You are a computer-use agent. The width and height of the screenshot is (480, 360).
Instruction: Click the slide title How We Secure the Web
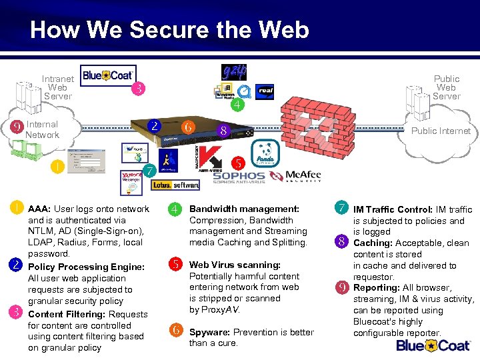pyautogui.click(x=169, y=30)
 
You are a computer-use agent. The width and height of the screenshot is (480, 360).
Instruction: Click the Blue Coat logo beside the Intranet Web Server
pyautogui.click(x=108, y=75)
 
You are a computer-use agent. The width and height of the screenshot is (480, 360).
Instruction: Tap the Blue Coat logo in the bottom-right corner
pyautogui.click(x=434, y=345)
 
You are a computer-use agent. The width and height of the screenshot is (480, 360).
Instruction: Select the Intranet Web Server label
pyautogui.click(x=57, y=87)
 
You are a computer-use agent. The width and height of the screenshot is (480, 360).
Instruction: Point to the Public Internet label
pyautogui.click(x=441, y=131)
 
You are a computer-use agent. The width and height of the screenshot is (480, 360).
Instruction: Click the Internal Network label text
pyautogui.click(x=42, y=129)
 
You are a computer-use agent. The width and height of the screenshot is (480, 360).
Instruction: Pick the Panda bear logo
pyautogui.click(x=267, y=153)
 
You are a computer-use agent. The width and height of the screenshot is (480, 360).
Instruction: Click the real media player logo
pyautogui.click(x=265, y=91)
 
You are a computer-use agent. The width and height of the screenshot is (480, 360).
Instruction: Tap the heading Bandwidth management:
pyautogui.click(x=244, y=209)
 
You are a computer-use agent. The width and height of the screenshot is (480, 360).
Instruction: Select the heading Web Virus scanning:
pyautogui.click(x=235, y=265)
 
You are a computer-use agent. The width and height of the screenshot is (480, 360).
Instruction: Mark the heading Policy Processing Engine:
pyautogui.click(x=86, y=267)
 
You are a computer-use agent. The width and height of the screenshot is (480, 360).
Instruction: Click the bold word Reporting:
pyautogui.click(x=377, y=288)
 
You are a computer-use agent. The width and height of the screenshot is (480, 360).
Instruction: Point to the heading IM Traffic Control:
pyautogui.click(x=393, y=209)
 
